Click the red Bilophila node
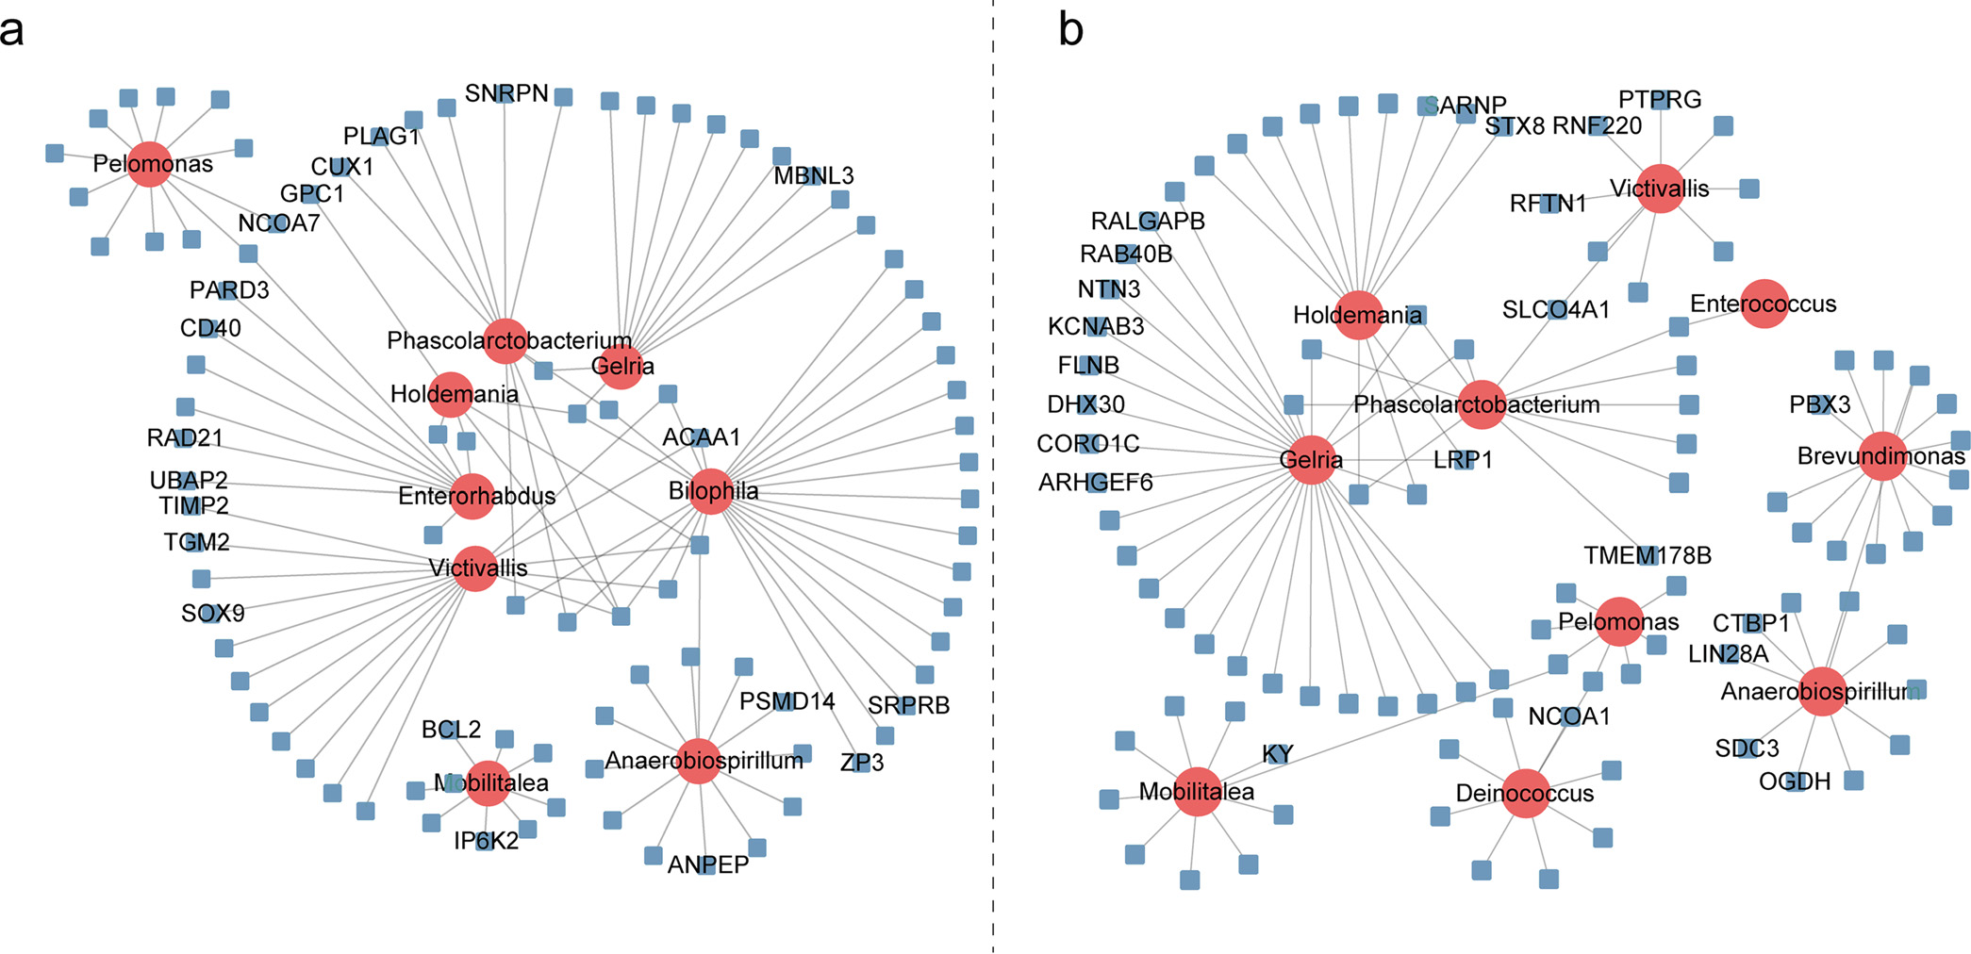coord(711,491)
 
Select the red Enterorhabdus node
coord(473,496)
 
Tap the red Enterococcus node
coord(1764,304)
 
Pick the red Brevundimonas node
coord(1882,456)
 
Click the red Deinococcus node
coord(1525,793)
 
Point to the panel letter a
coord(12,30)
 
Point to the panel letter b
coord(1070,30)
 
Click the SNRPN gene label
coord(506,93)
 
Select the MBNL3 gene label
coord(813,176)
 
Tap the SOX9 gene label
coord(213,614)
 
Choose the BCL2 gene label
coord(451,730)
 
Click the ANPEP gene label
coord(707,864)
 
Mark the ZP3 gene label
coord(862,763)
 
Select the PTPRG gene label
coord(1660,100)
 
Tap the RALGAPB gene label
coord(1148,222)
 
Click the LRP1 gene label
coord(1463,460)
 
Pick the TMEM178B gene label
coord(1647,556)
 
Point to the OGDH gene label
coord(1795,781)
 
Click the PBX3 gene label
coord(1819,405)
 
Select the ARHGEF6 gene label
coord(1095,483)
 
